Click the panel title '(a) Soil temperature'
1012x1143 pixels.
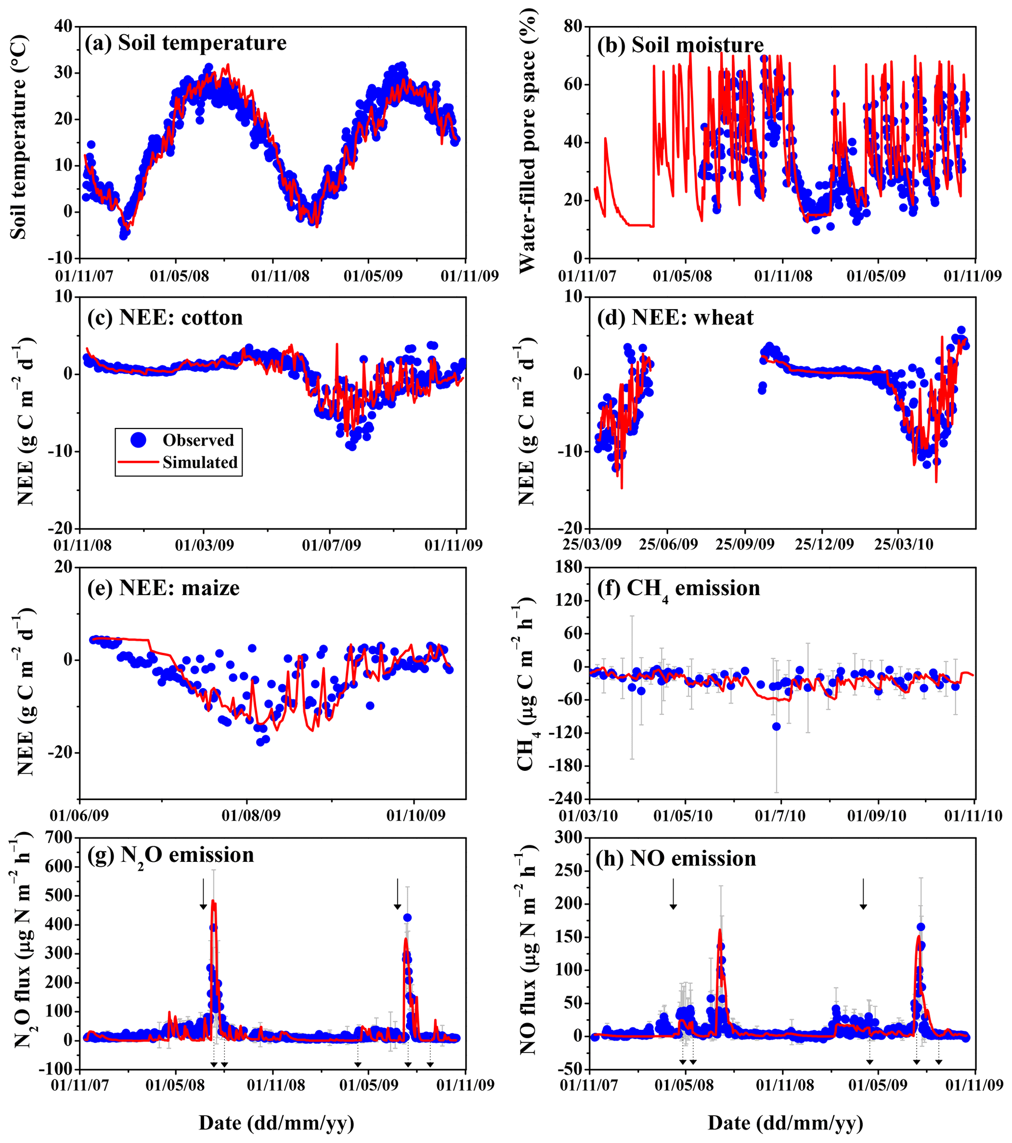click(185, 43)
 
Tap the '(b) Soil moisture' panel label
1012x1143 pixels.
click(680, 45)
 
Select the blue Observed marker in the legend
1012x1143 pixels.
click(138, 440)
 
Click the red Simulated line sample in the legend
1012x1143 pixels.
click(138, 462)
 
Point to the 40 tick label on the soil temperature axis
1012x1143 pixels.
click(65, 26)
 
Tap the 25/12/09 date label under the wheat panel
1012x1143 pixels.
click(824, 545)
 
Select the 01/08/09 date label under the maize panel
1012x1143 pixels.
click(251, 815)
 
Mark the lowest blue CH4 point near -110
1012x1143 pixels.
click(776, 726)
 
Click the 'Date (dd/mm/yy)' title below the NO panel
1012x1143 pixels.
click(785, 1123)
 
